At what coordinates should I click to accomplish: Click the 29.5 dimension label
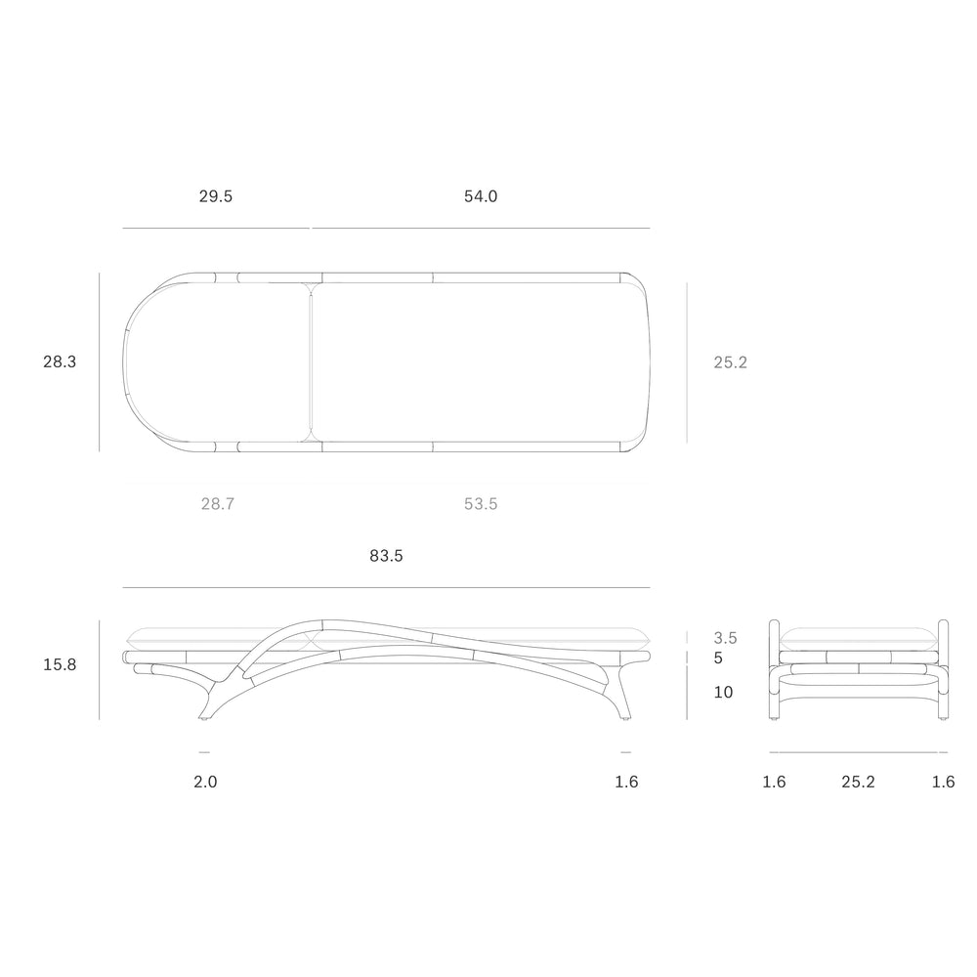click(216, 196)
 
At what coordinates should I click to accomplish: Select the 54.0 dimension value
click(481, 196)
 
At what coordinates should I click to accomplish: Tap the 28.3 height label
click(60, 361)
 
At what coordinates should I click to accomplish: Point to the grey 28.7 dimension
click(218, 503)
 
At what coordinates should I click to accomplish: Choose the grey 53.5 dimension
click(481, 503)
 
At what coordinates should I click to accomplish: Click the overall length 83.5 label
click(386, 555)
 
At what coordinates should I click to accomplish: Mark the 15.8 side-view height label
click(60, 664)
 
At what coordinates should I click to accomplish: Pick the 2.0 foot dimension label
click(205, 782)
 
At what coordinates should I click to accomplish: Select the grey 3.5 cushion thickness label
click(725, 637)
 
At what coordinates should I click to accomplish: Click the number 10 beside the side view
click(723, 692)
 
